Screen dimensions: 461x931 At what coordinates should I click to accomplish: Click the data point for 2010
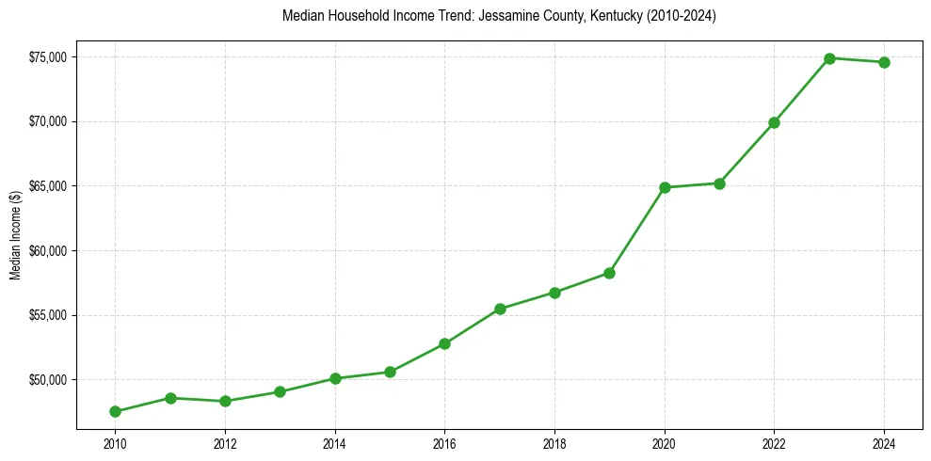point(115,411)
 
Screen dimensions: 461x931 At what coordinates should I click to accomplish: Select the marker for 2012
point(225,401)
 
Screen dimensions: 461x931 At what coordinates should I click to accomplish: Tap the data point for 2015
point(390,372)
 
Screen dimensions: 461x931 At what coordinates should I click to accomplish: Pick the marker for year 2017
point(500,309)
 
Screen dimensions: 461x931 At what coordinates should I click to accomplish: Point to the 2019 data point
point(609,273)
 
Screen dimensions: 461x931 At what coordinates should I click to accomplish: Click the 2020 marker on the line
point(665,187)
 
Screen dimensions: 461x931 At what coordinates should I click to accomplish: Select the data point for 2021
point(719,183)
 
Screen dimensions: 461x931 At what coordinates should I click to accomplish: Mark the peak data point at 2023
point(829,58)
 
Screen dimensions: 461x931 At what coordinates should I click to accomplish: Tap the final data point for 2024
point(884,62)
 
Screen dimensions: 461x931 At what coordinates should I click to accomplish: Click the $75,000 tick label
point(47,57)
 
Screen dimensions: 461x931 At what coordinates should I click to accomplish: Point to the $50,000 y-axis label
point(47,380)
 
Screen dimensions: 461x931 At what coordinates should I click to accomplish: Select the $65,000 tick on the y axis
point(47,186)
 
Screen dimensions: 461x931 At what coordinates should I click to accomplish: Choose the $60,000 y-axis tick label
point(47,251)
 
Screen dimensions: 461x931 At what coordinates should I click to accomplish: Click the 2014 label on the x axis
point(334,443)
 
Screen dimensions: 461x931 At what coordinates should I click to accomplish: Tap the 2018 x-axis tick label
point(554,443)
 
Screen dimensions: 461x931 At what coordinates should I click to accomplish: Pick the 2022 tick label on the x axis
point(774,443)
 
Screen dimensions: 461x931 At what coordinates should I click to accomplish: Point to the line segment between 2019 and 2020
point(637,230)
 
